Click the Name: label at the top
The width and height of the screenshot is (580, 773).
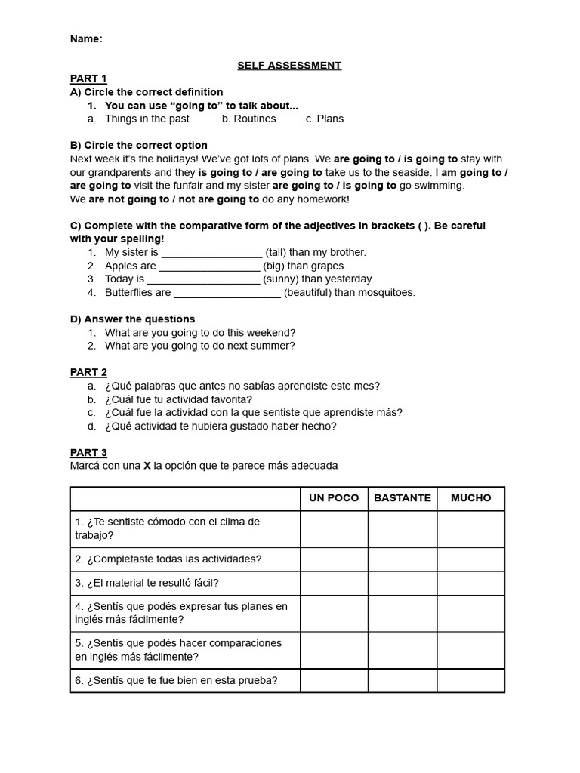point(86,39)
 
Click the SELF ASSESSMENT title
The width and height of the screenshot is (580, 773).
point(289,66)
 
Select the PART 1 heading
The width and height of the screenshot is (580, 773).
point(88,79)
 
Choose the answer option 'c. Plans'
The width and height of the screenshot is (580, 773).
point(325,119)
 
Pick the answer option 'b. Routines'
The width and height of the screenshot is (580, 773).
point(249,119)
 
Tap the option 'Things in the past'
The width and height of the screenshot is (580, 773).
point(147,119)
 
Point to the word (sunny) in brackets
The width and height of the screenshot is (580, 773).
point(280,279)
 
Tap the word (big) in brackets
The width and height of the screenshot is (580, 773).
point(273,266)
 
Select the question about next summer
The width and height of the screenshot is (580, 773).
point(199,346)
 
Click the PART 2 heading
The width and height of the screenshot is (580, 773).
point(88,372)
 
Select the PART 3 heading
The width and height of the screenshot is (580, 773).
point(88,453)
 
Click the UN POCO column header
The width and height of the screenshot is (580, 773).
point(334,498)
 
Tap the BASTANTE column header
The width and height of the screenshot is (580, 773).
point(402,498)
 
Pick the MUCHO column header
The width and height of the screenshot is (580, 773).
point(470,498)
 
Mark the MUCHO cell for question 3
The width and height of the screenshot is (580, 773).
point(470,583)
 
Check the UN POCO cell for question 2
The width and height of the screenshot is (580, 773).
point(334,559)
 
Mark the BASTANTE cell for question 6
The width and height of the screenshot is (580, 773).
point(402,681)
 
